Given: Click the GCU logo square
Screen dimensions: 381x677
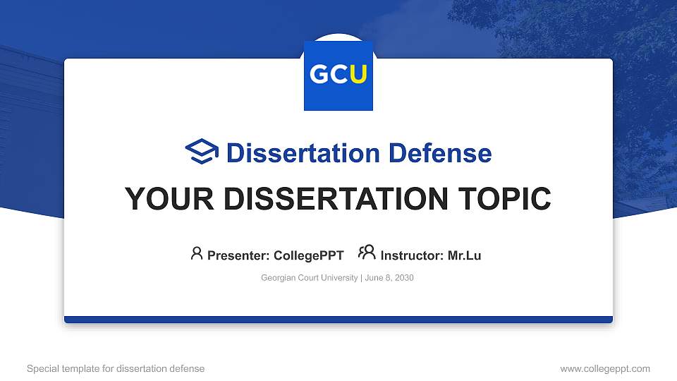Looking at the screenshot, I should point(338,75).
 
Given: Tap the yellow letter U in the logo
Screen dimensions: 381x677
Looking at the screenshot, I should point(358,75).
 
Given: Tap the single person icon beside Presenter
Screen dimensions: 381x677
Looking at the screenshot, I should point(197,253).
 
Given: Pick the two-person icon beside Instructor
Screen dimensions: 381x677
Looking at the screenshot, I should point(367,253).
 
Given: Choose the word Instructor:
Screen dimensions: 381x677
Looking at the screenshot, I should point(412,255).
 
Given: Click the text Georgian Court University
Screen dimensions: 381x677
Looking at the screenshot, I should point(309,278).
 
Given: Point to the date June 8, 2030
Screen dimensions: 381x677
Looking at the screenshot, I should point(389,278).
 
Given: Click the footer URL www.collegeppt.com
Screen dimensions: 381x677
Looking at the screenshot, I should point(605,368).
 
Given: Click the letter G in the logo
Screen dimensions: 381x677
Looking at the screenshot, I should point(319,75).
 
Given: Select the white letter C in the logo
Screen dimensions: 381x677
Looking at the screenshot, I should point(339,75).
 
